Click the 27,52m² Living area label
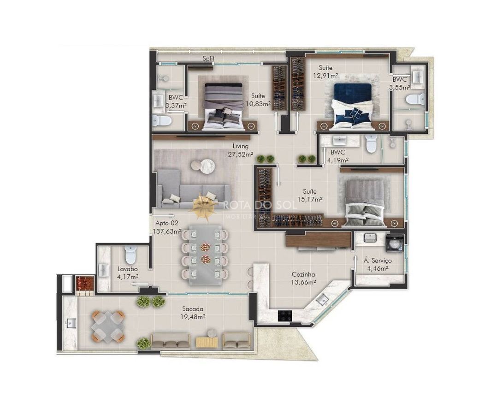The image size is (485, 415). tap(241, 154)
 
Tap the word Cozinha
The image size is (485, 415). tap(303, 274)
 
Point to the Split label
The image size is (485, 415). tap(208, 58)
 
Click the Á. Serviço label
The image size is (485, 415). tap(378, 261)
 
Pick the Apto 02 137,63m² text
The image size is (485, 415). tap(167, 227)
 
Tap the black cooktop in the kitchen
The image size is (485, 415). tap(285, 316)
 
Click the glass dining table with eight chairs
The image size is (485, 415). tap(205, 255)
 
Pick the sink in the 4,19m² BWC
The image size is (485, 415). tap(340, 140)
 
